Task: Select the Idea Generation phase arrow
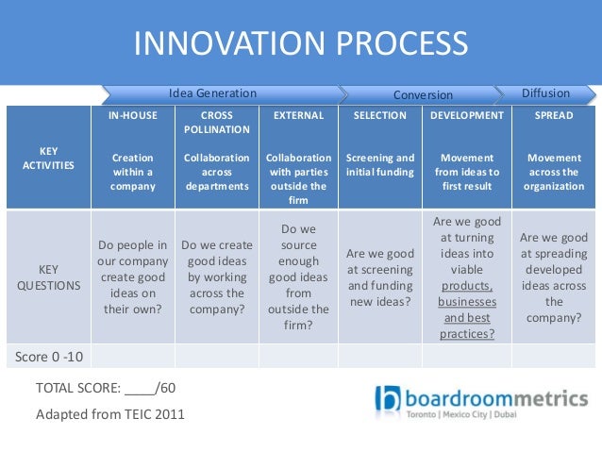(212, 93)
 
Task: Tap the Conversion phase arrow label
(423, 95)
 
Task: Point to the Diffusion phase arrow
(546, 93)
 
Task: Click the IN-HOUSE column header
(132, 115)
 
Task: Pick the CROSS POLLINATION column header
(217, 122)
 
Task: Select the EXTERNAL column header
(298, 115)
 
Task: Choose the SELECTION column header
(379, 115)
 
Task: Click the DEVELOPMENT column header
(466, 115)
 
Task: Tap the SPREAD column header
(554, 115)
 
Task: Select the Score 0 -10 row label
(46, 356)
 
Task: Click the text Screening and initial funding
(379, 165)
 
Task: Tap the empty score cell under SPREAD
(554, 356)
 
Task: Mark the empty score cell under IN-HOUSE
(132, 356)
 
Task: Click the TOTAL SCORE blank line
(139, 388)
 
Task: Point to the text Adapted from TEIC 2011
(109, 413)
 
